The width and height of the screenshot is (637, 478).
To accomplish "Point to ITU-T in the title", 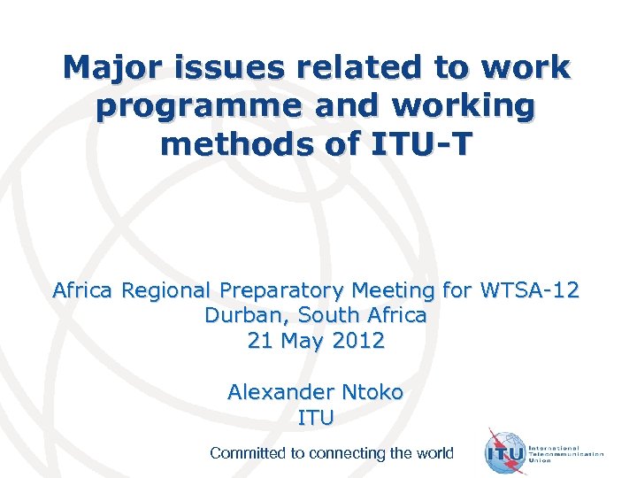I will click(x=426, y=143).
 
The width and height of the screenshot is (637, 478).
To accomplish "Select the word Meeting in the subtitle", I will click(x=396, y=289).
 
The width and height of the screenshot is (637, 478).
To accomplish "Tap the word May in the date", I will click(x=304, y=340).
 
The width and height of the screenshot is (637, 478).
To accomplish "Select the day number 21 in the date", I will click(x=261, y=340).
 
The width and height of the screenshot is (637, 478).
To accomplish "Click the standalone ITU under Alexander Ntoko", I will click(x=316, y=416).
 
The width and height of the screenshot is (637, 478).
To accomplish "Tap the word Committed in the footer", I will click(x=248, y=453).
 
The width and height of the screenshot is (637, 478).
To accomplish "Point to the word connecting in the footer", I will click(x=342, y=453).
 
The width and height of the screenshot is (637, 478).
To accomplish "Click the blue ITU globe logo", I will click(x=506, y=453).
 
